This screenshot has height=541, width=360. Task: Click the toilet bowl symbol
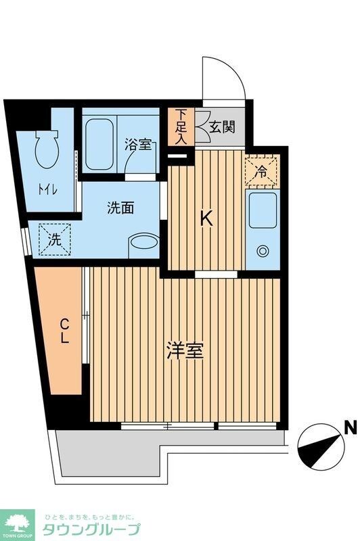(x=47, y=149)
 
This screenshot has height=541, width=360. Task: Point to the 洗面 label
(x=120, y=208)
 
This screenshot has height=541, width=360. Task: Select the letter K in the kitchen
(x=207, y=218)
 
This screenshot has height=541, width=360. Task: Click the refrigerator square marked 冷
(x=261, y=170)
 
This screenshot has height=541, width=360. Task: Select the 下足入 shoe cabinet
(x=181, y=126)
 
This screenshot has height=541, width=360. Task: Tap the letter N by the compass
(x=350, y=427)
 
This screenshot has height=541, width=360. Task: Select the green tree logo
(x=19, y=521)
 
